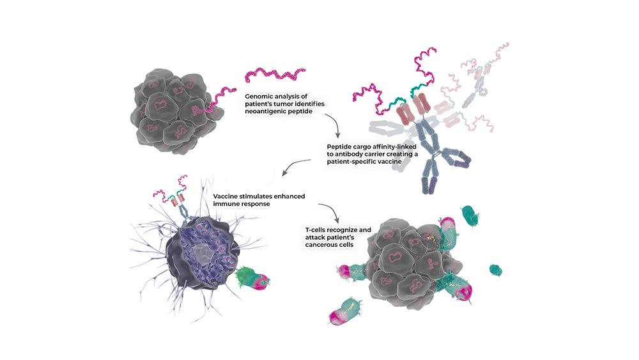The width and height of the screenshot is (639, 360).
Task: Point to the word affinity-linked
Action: point(393,146)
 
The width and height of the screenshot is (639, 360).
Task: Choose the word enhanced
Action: point(289,196)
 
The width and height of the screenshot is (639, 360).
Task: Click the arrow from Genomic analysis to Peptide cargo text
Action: point(334,124)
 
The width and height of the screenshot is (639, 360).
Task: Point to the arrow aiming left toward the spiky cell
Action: point(296,166)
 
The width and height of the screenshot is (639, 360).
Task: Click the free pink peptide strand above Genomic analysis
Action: point(275,75)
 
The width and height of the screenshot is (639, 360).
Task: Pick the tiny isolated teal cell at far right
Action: point(496,270)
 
